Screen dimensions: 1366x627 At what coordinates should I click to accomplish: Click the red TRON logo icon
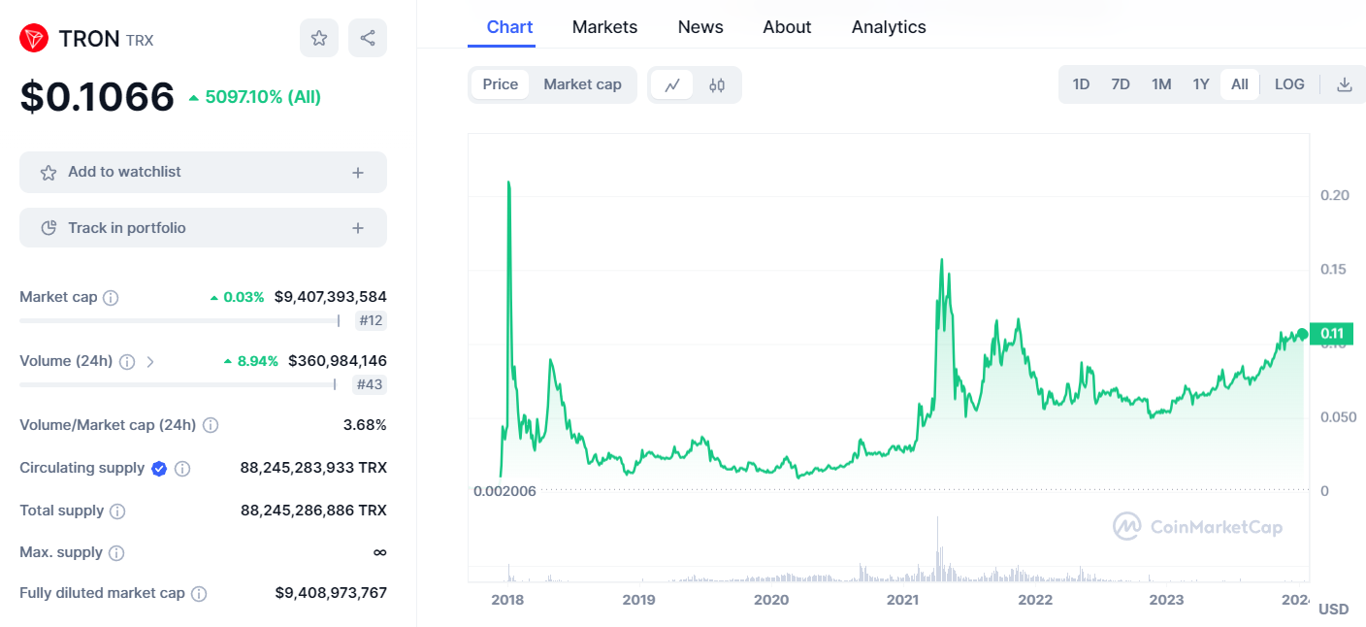click(34, 39)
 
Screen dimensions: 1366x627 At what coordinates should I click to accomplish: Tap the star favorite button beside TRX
click(319, 38)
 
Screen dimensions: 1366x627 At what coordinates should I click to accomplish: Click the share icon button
click(367, 38)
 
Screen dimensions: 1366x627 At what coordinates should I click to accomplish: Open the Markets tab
click(604, 27)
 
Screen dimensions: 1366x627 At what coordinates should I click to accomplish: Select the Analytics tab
click(889, 27)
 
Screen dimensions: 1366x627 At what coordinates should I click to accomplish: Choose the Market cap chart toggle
click(582, 84)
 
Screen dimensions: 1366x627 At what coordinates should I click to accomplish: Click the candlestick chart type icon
click(717, 84)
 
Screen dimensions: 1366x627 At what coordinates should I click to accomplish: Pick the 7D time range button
click(1121, 84)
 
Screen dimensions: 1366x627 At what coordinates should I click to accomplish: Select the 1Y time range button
click(1201, 84)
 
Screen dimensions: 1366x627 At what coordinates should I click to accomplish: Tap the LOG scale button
click(1289, 84)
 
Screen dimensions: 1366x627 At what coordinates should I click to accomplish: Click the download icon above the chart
click(1344, 84)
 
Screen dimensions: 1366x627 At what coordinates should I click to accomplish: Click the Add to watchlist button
click(203, 172)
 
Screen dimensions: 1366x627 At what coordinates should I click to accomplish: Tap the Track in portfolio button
click(203, 228)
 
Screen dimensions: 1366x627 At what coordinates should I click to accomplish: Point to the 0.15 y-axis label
click(1333, 269)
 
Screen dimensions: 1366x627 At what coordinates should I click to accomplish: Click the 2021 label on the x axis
click(902, 600)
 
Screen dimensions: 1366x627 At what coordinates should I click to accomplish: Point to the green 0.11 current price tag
click(1331, 334)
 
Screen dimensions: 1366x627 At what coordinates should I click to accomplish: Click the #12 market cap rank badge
click(371, 320)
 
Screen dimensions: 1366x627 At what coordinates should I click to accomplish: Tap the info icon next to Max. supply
click(116, 552)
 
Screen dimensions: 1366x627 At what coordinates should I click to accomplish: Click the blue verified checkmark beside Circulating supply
click(159, 469)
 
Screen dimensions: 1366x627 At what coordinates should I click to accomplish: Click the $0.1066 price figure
click(97, 96)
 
